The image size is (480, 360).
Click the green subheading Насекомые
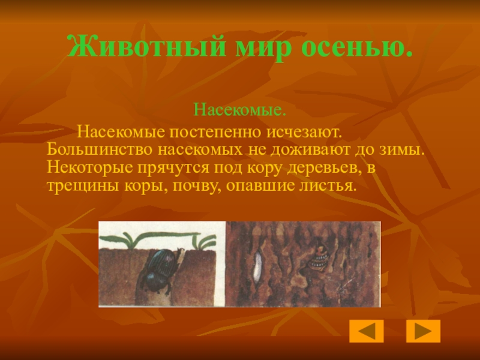click(239, 111)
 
